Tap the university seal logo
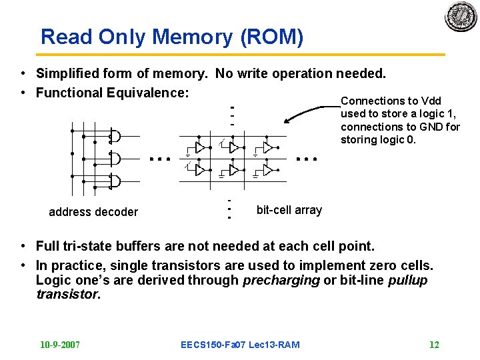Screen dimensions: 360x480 [x=461, y=16]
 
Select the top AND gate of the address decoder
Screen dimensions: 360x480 [x=115, y=137]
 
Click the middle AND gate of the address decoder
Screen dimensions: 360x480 [x=115, y=159]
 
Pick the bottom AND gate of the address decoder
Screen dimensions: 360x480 [x=115, y=181]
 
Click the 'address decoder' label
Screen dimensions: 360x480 [x=93, y=212]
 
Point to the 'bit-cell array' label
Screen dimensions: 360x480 [x=289, y=210]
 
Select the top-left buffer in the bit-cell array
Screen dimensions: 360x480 [x=199, y=148]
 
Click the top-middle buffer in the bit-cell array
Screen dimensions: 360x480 [x=233, y=148]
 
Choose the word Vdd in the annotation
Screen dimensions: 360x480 [x=427, y=101]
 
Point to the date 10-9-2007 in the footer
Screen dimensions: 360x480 [x=60, y=345]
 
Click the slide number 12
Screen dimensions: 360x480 [x=434, y=345]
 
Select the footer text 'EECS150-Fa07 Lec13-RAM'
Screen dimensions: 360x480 [x=240, y=345]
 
